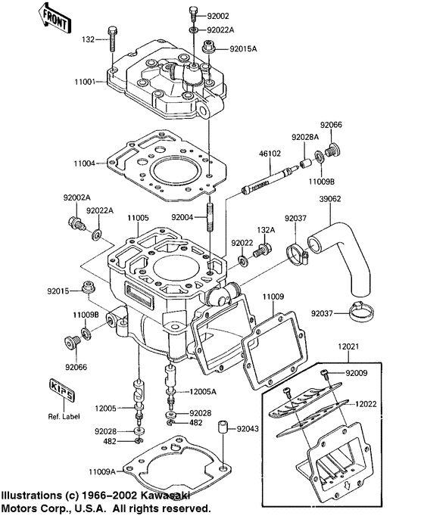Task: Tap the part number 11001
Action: point(85,81)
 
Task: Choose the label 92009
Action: point(357,373)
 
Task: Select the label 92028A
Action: point(305,138)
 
